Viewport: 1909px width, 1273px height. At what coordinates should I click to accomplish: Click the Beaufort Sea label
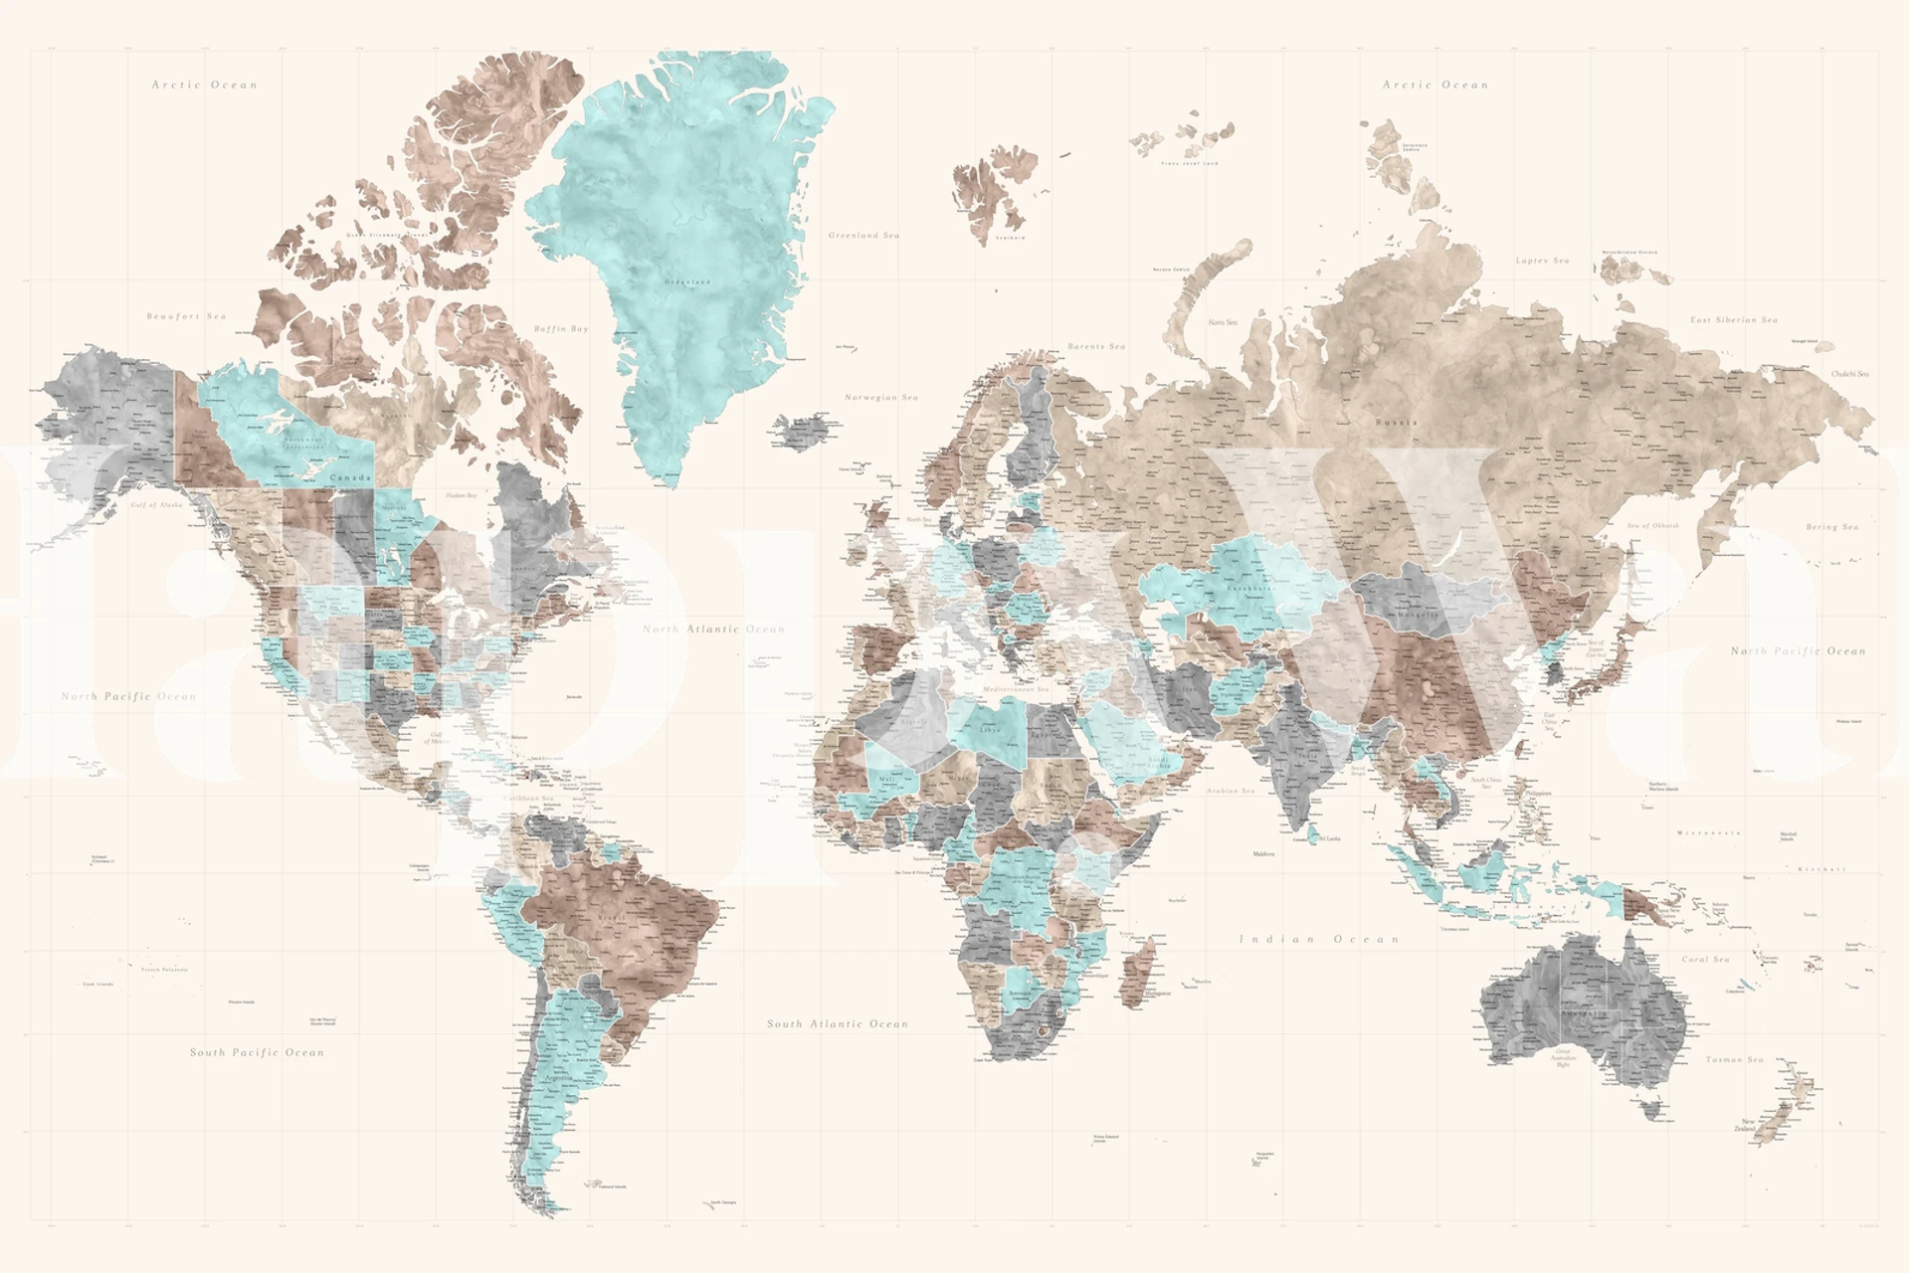click(x=186, y=316)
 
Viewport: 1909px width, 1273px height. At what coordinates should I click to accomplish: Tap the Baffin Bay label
click(x=561, y=328)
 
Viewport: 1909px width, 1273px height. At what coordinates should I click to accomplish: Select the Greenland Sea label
click(x=863, y=236)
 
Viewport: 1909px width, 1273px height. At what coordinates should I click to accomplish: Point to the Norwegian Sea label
click(x=881, y=398)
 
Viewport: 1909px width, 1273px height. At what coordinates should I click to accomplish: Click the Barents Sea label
click(x=1096, y=346)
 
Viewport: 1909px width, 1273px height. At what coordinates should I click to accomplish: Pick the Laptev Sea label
click(x=1542, y=261)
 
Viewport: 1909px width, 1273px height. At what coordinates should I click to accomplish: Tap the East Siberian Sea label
click(x=1734, y=320)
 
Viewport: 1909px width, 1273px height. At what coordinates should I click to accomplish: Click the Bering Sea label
click(x=1831, y=527)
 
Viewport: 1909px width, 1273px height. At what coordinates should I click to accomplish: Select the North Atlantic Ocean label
click(x=713, y=630)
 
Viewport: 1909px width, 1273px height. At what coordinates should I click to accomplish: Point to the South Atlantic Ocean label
click(x=838, y=1023)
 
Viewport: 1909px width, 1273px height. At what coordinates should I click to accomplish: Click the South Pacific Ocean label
click(x=257, y=1052)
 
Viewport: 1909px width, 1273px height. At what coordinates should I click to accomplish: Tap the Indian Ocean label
click(x=1319, y=939)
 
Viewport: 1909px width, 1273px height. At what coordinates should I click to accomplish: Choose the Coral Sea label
click(x=1705, y=960)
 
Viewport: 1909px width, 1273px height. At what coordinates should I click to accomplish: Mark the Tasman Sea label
click(x=1735, y=1060)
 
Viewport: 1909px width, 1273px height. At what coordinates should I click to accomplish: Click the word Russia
click(x=1396, y=423)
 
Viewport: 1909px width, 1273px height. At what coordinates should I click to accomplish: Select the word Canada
click(x=350, y=478)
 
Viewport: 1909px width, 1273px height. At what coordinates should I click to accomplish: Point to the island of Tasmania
click(x=1652, y=1108)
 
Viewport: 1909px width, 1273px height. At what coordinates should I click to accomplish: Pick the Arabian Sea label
click(x=1231, y=791)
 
